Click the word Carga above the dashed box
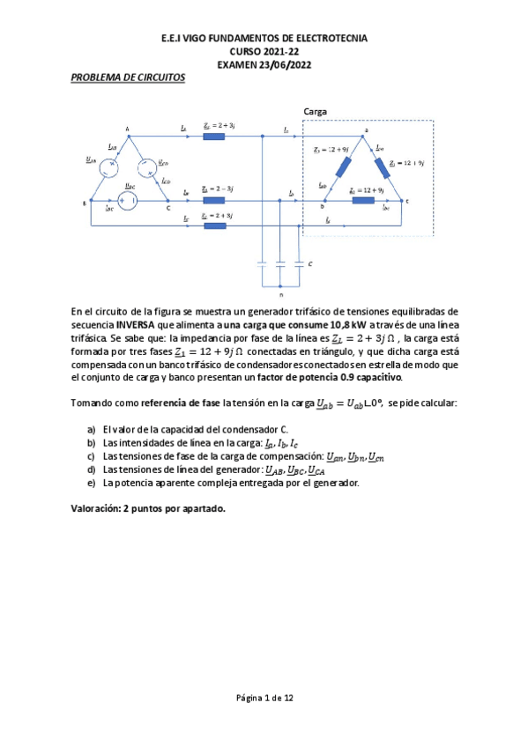click(316, 112)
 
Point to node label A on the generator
click(128, 129)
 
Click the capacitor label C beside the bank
click(309, 264)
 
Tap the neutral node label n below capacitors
click(281, 296)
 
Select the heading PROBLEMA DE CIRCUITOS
click(128, 78)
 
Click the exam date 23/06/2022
click(282, 64)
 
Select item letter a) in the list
click(92, 428)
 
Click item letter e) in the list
click(92, 482)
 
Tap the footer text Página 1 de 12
click(264, 697)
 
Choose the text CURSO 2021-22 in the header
click(264, 52)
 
